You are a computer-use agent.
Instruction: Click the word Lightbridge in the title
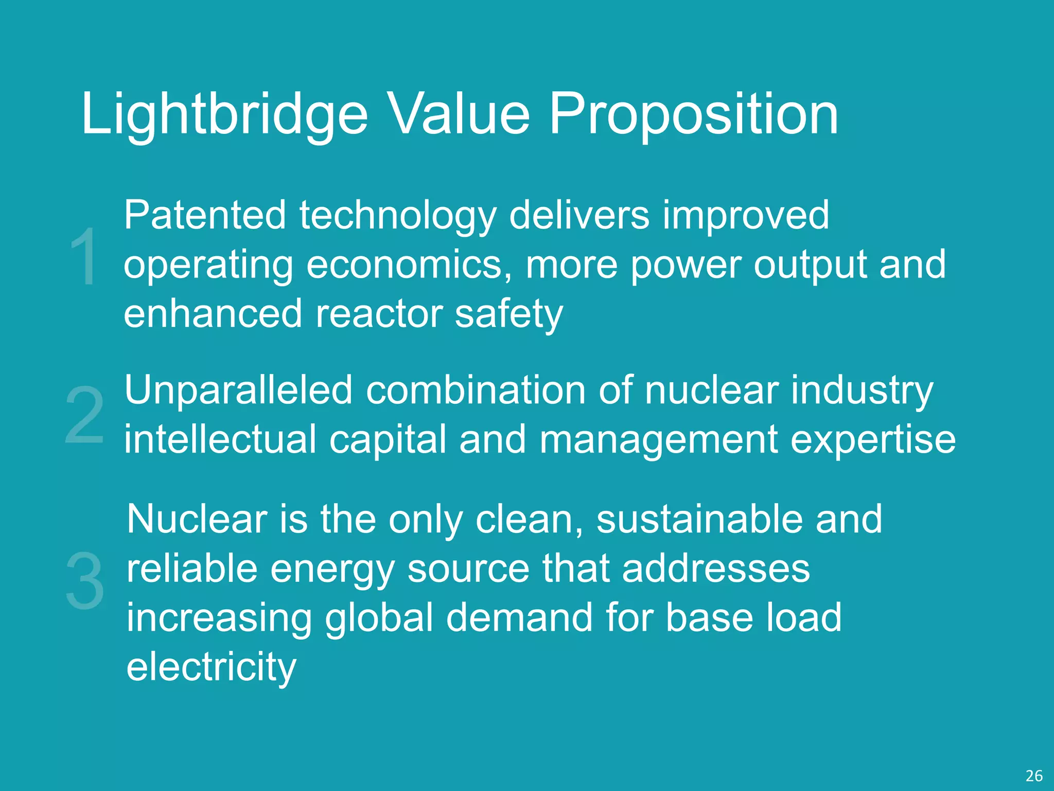[224, 114]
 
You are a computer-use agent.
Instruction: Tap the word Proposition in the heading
[694, 114]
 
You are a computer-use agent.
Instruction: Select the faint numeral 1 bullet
[83, 256]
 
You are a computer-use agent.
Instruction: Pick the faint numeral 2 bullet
[85, 415]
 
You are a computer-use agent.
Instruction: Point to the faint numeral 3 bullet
[85, 580]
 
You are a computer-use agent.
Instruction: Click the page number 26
[1034, 776]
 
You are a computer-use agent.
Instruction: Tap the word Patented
[205, 215]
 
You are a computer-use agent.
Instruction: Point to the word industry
[862, 391]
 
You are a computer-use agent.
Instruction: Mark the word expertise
[873, 439]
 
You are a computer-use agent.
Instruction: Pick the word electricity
[212, 666]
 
